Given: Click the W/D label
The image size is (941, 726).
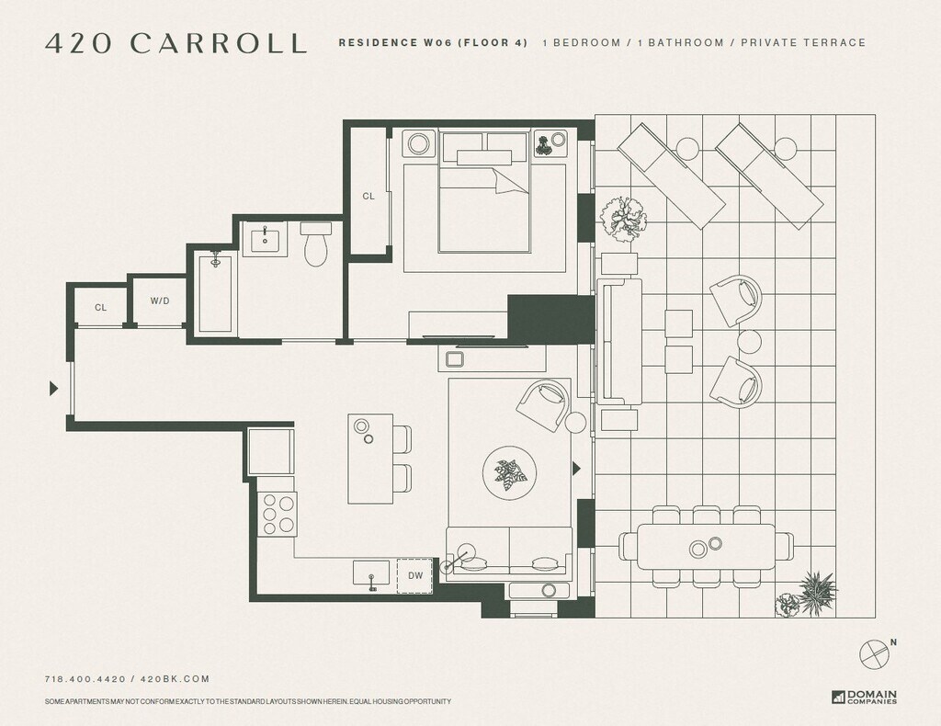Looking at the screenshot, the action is click(x=160, y=301).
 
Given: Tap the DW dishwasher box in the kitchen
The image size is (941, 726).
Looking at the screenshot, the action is click(x=414, y=576).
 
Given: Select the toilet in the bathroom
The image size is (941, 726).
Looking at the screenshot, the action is click(x=316, y=244).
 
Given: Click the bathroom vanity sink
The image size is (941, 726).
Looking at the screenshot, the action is click(x=265, y=240).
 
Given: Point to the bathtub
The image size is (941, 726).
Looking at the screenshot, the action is click(x=215, y=291).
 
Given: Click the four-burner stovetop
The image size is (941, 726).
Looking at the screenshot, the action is click(x=278, y=514).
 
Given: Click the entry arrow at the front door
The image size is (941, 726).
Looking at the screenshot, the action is click(x=54, y=389).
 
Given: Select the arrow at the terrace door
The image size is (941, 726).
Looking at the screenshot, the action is click(x=577, y=468).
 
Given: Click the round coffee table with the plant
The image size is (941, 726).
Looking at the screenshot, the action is click(x=509, y=472).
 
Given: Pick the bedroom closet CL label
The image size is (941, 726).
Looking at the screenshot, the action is click(x=368, y=196).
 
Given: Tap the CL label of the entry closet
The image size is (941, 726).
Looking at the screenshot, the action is click(x=100, y=308).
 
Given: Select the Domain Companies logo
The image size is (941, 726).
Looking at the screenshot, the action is click(x=864, y=697).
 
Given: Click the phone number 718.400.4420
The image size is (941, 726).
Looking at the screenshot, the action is click(x=85, y=679).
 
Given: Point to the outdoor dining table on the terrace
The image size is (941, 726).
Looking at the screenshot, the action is click(x=706, y=547).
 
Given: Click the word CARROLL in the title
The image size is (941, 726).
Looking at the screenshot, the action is click(x=219, y=43).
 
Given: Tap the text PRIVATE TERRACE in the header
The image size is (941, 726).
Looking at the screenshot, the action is click(x=803, y=42).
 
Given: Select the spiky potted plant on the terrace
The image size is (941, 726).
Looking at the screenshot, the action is click(x=816, y=592).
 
